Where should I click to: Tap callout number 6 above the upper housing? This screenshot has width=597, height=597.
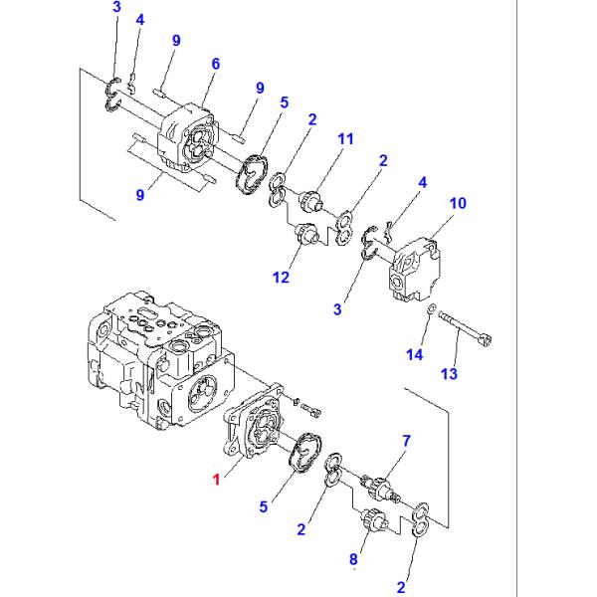[x=215, y=64]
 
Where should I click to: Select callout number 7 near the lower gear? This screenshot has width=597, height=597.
[x=405, y=441]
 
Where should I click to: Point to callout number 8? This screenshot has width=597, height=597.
[x=353, y=559]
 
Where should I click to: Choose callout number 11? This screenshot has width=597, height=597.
[x=344, y=140]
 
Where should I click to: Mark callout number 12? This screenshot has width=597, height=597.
[x=282, y=278]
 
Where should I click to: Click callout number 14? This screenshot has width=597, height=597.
[x=417, y=354]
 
